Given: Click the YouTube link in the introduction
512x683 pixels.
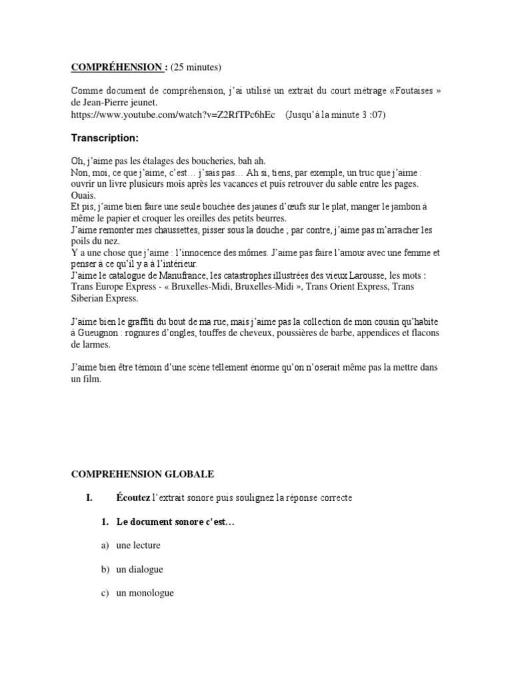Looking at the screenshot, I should [x=173, y=115].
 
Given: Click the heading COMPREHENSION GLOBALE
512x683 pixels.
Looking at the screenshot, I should [x=143, y=474].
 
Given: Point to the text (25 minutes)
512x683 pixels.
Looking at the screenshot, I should [x=196, y=67].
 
